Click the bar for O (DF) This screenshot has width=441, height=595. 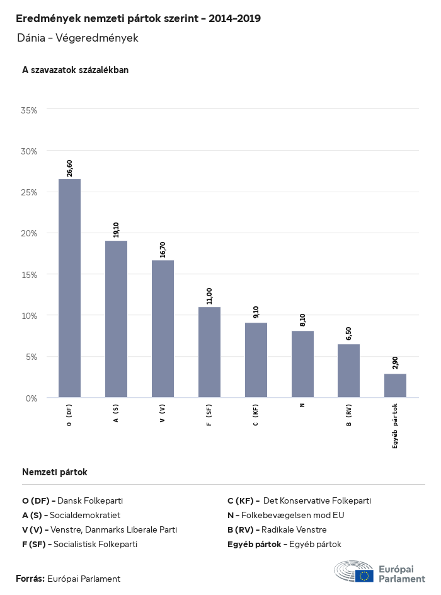(69, 288)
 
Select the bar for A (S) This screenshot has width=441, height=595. (116, 319)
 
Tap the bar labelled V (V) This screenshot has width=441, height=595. (163, 329)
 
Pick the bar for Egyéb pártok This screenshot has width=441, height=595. (395, 386)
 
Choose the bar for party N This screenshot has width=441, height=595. (302, 364)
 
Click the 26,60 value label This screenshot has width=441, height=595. (69, 168)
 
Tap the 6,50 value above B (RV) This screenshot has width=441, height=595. (348, 333)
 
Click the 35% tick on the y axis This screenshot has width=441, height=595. (30, 110)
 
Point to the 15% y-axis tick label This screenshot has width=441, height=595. (30, 275)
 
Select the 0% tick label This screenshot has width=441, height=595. (31, 398)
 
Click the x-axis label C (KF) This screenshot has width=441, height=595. (256, 415)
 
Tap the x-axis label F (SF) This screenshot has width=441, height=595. (209, 415)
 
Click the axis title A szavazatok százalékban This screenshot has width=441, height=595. (75, 70)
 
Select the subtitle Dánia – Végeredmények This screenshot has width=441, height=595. (77, 38)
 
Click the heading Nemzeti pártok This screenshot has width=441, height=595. (54, 472)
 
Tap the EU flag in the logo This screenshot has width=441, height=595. (364, 575)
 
